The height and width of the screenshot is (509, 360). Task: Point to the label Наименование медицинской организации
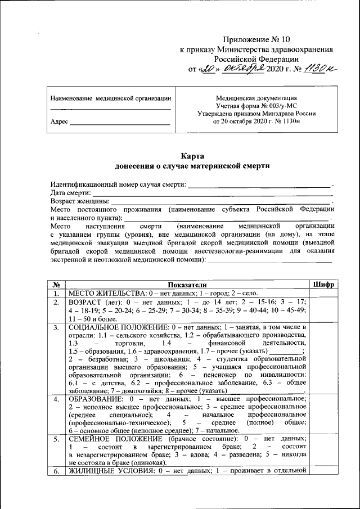(110, 98)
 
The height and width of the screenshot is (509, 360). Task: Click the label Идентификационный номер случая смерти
(118, 184)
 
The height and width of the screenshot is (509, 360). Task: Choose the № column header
(56, 285)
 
